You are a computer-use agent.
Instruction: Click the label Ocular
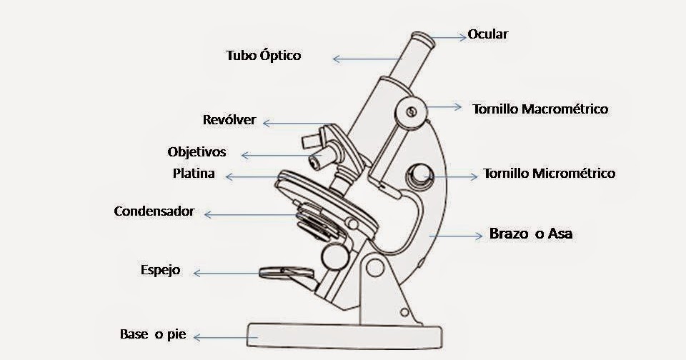[x=488, y=34]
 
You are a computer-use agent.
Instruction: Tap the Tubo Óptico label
[x=264, y=55]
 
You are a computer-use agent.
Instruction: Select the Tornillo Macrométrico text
[x=540, y=109]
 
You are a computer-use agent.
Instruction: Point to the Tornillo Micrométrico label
[x=549, y=174]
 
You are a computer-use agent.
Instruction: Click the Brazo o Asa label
[x=531, y=234]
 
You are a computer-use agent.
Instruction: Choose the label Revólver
[x=229, y=120]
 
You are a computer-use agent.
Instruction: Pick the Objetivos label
[x=197, y=152]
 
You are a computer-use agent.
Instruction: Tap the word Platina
[x=194, y=174]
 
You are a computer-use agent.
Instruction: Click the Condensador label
[x=154, y=211]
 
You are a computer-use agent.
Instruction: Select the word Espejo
[x=161, y=271]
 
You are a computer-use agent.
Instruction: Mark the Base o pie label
[x=153, y=334]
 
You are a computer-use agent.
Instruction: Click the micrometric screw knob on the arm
[x=419, y=175]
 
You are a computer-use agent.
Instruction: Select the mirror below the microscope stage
[x=287, y=271]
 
